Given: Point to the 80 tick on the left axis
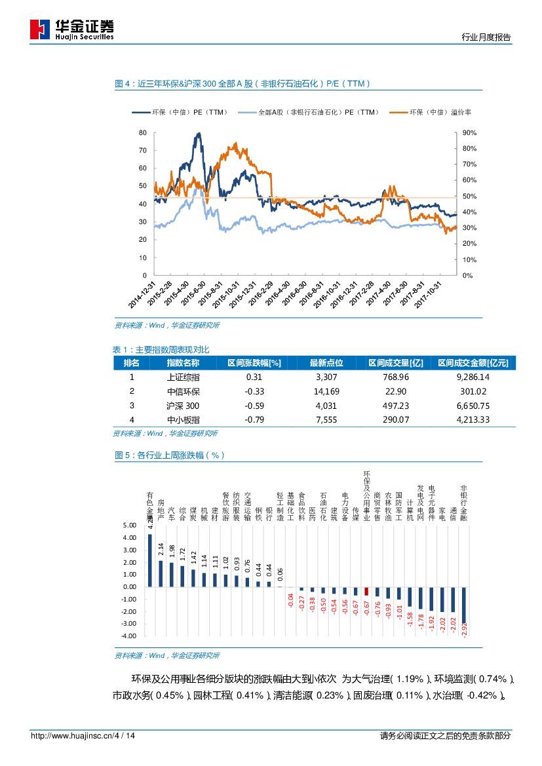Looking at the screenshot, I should tap(143, 132).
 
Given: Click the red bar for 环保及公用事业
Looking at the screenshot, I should tap(366, 591).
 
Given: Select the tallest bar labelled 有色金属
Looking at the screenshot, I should tap(150, 560).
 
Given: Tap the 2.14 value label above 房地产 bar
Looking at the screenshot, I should tap(161, 550).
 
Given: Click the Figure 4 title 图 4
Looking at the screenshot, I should tap(123, 84).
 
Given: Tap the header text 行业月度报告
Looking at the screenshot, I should tap(486, 38).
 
